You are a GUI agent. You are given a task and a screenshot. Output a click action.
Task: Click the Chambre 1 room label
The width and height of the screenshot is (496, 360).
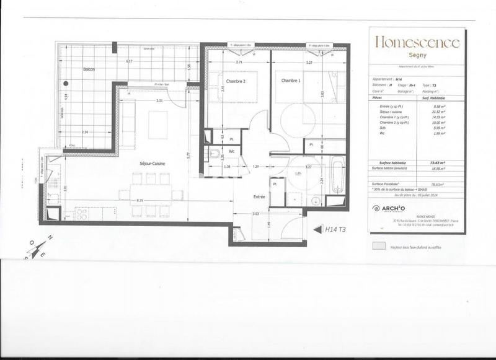click(x=291, y=81)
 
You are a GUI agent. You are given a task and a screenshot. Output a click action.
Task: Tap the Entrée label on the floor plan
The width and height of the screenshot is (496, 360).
click(x=259, y=196)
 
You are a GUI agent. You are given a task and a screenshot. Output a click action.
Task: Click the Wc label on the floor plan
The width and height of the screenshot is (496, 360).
click(x=231, y=151)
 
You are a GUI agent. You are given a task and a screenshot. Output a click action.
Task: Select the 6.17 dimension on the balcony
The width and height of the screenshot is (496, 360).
click(x=129, y=61)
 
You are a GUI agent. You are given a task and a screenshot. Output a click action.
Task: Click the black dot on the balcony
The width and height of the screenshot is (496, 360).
click(x=64, y=84)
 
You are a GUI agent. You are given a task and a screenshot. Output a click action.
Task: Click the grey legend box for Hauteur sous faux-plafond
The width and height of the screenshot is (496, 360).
click(x=378, y=246)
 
